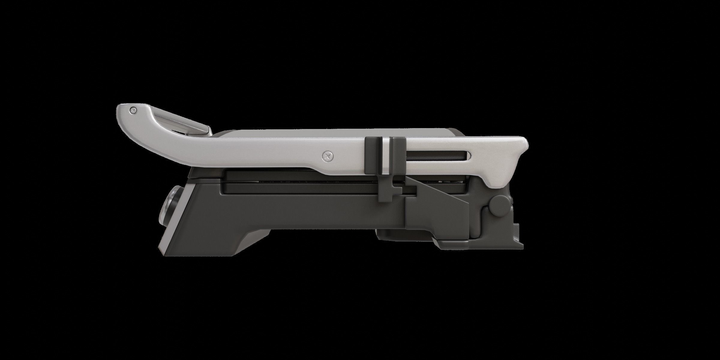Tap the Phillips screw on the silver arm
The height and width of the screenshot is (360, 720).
click(327, 156)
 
